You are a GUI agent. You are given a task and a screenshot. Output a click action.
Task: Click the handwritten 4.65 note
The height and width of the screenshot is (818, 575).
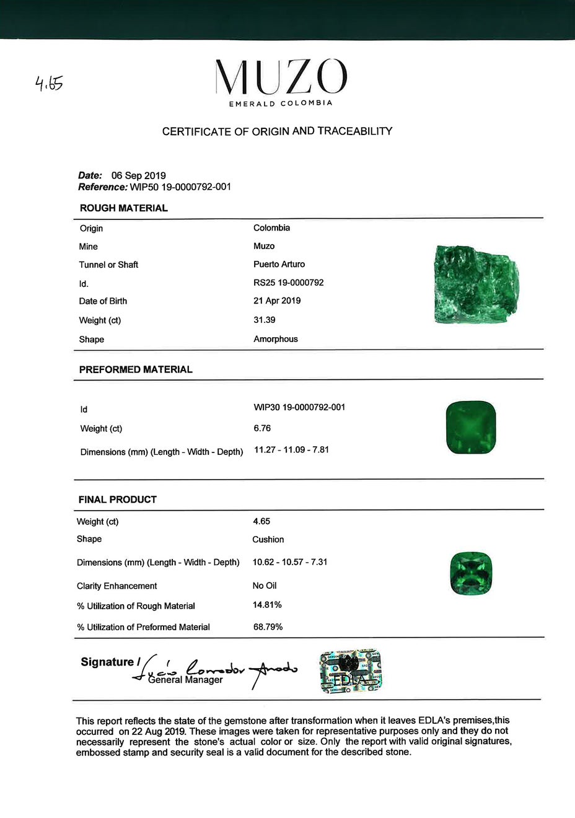click(49, 83)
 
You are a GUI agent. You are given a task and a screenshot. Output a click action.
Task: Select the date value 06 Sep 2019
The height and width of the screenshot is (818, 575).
click(138, 175)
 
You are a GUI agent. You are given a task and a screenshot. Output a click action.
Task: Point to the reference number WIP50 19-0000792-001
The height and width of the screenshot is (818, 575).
click(180, 187)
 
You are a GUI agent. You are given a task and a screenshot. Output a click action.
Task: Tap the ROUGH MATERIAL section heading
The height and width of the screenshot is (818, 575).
click(123, 208)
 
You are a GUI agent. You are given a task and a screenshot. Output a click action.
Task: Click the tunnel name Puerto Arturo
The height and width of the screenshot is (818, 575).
click(279, 264)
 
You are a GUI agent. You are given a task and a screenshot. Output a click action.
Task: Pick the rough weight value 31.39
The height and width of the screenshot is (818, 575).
click(264, 320)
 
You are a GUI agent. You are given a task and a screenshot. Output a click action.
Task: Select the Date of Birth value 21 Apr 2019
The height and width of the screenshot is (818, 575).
click(277, 301)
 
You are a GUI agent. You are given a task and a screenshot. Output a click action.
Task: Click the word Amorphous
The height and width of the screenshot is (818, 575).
click(275, 339)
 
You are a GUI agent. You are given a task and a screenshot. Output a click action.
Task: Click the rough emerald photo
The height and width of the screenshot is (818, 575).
click(475, 284)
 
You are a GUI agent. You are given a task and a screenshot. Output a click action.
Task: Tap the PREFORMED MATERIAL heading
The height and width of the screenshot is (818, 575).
click(136, 369)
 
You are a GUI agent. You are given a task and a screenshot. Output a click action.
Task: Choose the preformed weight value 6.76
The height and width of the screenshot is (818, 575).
click(262, 428)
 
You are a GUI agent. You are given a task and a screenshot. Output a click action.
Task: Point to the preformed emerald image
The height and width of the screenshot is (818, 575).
click(471, 428)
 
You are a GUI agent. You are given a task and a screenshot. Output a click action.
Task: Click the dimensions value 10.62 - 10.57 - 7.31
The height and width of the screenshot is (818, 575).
click(290, 562)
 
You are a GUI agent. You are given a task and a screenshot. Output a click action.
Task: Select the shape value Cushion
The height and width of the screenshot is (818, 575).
click(268, 540)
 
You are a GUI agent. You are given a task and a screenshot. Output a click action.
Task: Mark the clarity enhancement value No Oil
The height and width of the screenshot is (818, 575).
click(265, 586)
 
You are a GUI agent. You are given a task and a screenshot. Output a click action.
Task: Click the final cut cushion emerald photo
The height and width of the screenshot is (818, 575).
click(471, 573)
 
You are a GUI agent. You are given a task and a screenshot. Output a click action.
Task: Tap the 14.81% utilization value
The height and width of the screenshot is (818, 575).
click(267, 605)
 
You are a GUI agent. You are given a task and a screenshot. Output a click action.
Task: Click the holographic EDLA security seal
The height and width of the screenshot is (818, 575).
click(351, 671)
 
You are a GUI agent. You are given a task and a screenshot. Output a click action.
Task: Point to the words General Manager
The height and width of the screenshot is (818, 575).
click(185, 680)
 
